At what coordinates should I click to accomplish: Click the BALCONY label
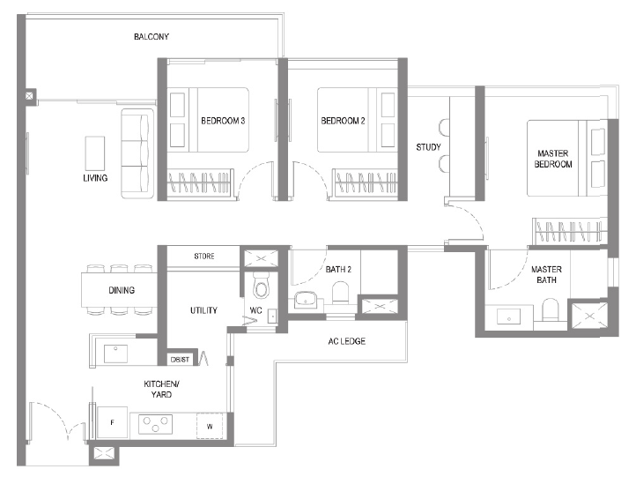[x=152, y=36]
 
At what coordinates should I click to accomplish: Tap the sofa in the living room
[x=137, y=153]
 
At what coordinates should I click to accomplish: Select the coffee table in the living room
[x=95, y=153]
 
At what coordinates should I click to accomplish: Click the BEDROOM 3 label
[x=223, y=121]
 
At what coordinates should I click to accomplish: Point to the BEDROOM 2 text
[x=344, y=121]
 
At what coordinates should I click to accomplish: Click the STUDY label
[x=428, y=147]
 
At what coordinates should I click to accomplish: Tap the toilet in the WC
[x=261, y=285]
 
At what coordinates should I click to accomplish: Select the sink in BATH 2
[x=306, y=300]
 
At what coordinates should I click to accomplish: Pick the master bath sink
[x=508, y=316]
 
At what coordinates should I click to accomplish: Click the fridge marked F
[x=113, y=422]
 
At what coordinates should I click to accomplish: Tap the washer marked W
[x=210, y=426]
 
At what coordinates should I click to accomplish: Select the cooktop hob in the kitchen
[x=155, y=424]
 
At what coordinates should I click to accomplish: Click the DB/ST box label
[x=180, y=360]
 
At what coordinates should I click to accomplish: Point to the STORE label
[x=204, y=257]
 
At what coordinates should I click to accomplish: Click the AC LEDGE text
[x=347, y=341]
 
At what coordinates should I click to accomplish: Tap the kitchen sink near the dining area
[x=115, y=354]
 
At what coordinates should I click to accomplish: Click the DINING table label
[x=122, y=290]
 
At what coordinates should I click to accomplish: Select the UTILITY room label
[x=203, y=310]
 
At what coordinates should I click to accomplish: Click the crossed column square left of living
[x=29, y=96]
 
